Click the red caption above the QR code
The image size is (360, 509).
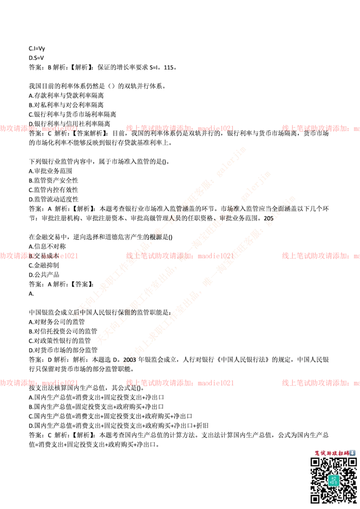(328, 453)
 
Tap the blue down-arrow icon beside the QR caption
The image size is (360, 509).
(352, 453)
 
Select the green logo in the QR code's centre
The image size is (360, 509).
(333, 480)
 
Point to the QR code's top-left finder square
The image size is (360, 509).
(315, 462)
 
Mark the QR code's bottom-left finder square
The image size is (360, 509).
(315, 498)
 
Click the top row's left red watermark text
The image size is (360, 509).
(40, 128)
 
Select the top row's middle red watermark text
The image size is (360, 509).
(180, 128)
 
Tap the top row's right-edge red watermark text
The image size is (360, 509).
(320, 128)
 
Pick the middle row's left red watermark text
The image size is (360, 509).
(40, 256)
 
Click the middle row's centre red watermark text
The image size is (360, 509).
(180, 256)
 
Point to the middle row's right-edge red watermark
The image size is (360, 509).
(320, 256)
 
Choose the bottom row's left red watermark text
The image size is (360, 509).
(40, 383)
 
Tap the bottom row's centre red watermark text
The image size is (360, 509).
(180, 383)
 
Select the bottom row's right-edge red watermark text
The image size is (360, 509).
(320, 383)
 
